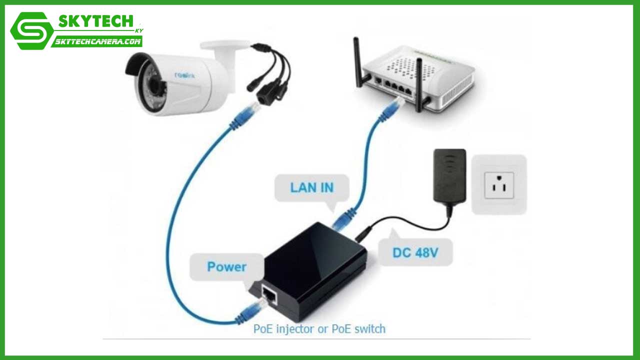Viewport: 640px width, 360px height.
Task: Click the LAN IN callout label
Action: [x=311, y=188]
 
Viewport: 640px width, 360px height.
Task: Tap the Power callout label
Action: [x=226, y=266]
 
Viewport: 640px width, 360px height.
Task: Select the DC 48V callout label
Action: [x=415, y=252]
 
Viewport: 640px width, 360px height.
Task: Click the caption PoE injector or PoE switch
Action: [x=319, y=329]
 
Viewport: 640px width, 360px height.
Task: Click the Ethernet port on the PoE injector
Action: [x=270, y=296]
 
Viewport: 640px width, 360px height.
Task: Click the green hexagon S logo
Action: [x=31, y=30]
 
